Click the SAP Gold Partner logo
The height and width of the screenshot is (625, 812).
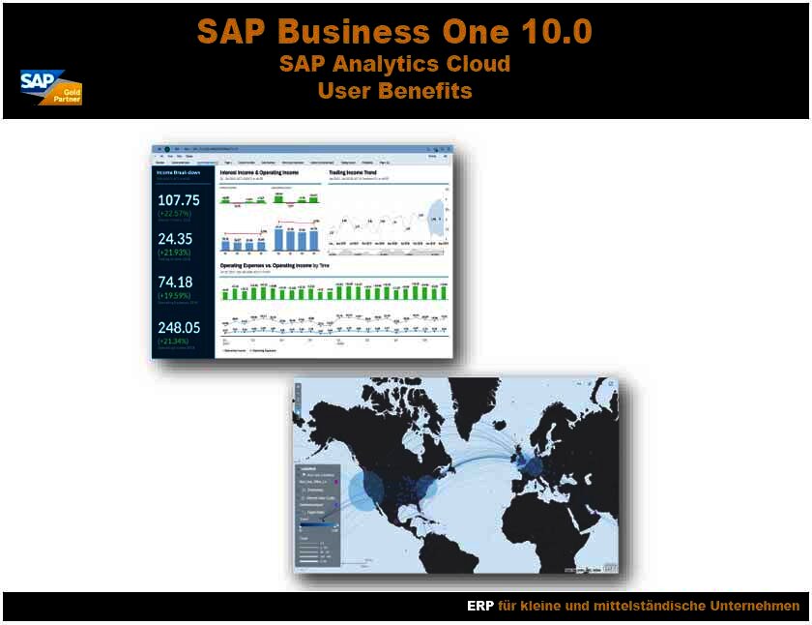51,86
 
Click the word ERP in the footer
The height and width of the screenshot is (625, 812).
480,607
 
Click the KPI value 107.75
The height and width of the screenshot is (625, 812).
179,200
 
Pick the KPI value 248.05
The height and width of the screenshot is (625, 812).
179,328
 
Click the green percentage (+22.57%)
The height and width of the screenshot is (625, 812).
178,214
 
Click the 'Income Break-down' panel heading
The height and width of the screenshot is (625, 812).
179,172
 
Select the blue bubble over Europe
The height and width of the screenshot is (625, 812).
530,467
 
